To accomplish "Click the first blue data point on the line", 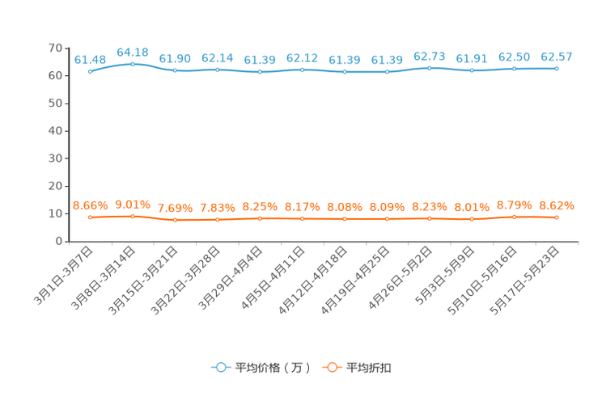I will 90,71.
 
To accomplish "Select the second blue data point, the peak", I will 133,63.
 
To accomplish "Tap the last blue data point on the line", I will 557,68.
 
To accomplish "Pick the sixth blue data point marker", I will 302,70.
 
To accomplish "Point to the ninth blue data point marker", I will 430,68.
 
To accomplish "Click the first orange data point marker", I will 90,217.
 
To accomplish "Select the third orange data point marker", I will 175,220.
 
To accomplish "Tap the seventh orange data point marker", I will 345,219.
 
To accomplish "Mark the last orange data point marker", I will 557,217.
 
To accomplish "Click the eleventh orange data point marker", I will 514,217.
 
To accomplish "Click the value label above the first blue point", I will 90,59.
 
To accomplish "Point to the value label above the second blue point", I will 133,52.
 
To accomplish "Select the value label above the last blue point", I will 557,57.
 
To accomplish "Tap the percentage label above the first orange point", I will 90,205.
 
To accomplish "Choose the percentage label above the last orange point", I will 557,205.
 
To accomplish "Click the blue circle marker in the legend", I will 220,368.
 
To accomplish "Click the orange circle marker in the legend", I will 332,368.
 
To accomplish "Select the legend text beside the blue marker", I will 273,368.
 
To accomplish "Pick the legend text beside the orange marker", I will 369,368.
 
